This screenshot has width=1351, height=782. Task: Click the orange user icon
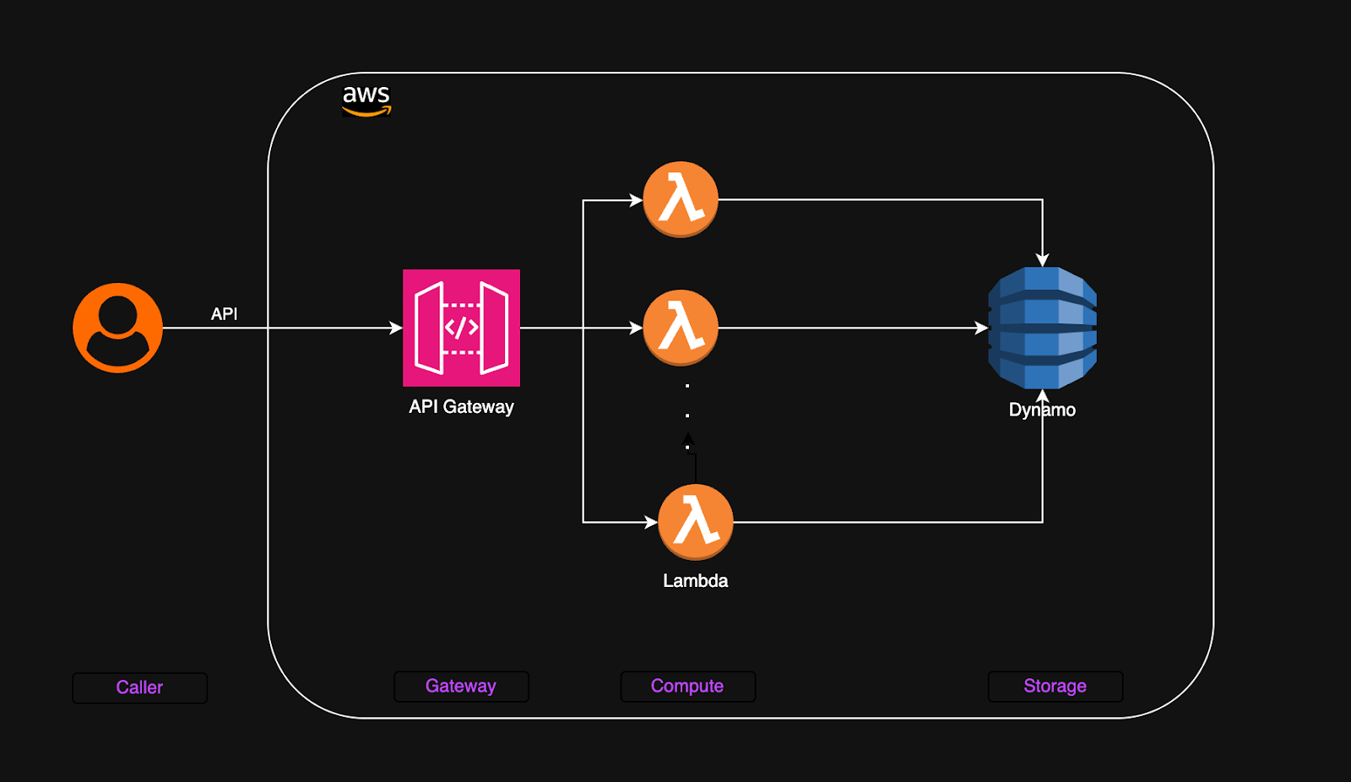(117, 328)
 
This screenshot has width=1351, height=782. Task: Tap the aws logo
(366, 100)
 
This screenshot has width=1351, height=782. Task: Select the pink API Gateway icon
(461, 328)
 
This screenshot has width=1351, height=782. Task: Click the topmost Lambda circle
(681, 199)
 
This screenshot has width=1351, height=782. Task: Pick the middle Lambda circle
(681, 328)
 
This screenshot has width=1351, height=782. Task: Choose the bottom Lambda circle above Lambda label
(695, 522)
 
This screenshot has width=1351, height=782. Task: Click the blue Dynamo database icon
(1042, 328)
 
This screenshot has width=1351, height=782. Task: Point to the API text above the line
(224, 314)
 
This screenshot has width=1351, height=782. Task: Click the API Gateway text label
(461, 407)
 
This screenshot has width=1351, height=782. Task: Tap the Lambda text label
(695, 581)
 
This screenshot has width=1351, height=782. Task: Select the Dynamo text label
(1042, 410)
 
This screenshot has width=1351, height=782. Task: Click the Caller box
(139, 687)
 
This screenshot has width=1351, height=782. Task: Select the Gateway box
(461, 686)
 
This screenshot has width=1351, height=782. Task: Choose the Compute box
(687, 686)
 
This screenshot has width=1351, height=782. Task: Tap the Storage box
(1055, 686)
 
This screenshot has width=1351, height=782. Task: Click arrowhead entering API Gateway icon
(396, 328)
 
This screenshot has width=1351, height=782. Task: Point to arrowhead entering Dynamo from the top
(1043, 260)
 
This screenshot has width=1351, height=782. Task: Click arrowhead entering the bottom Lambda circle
(651, 522)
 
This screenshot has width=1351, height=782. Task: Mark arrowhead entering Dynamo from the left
(981, 328)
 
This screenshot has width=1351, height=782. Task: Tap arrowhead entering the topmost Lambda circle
(636, 200)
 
